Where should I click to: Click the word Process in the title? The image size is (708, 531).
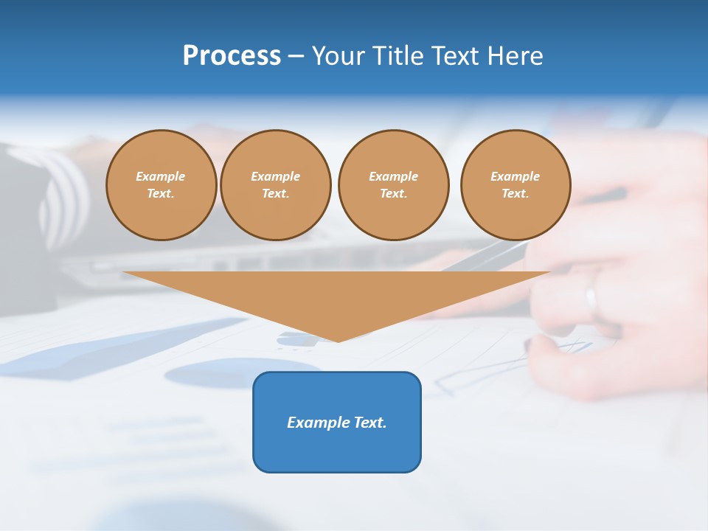tap(232, 56)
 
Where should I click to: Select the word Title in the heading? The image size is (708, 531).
tap(399, 56)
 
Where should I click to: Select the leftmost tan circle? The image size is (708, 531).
tap(161, 185)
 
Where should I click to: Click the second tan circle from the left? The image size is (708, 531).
tap(275, 185)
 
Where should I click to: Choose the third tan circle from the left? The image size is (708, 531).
tap(393, 185)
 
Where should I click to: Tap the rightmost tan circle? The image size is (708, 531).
tap(516, 185)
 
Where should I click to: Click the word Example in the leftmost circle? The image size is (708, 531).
tap(161, 177)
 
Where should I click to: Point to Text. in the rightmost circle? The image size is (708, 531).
tap(516, 194)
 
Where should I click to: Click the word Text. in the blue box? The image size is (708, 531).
tap(369, 423)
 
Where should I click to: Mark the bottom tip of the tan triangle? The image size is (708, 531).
tap(338, 341)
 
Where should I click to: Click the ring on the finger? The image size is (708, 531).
tap(591, 299)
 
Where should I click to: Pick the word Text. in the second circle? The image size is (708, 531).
tap(275, 194)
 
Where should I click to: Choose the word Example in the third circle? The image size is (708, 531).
tap(393, 177)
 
